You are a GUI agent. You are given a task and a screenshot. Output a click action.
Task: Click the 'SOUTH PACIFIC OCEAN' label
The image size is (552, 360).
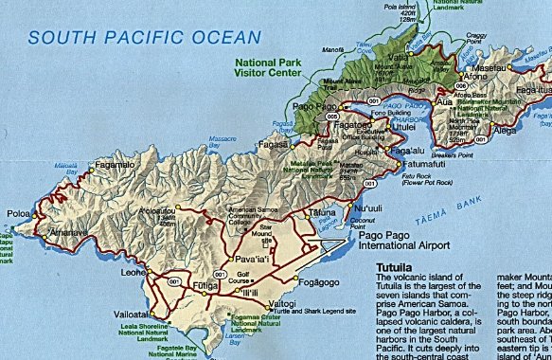click(144, 38)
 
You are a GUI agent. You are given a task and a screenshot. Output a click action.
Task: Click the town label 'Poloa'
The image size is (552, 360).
click(18, 214)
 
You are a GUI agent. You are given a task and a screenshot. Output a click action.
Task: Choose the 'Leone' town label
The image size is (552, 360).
click(134, 272)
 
